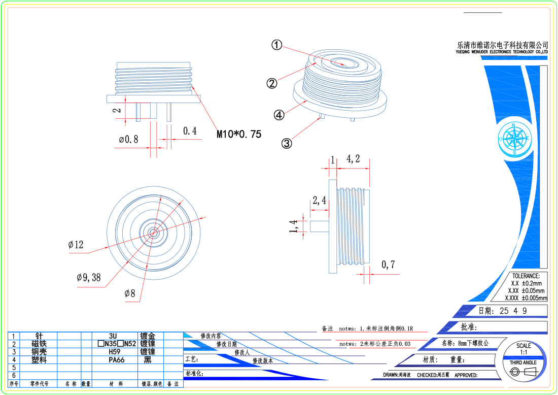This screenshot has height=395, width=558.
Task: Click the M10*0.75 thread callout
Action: click(239, 135)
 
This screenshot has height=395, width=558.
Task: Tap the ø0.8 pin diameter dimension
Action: click(128, 139)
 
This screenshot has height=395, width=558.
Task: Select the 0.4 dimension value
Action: click(190, 131)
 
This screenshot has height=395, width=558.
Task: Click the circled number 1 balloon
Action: click(276, 45)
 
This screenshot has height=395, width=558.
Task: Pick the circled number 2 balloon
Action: click(272, 83)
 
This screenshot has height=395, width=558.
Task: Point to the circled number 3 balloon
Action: click(287, 143)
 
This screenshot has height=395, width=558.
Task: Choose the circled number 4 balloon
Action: click(279, 115)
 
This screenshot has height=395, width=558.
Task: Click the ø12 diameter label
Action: click(76, 245)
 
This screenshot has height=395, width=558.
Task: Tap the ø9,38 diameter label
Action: click(89, 277)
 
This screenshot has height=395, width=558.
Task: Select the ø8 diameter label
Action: click(130, 293)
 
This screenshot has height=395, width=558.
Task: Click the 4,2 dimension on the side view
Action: click(353, 159)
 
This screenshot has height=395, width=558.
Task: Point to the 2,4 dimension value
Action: click(320, 201)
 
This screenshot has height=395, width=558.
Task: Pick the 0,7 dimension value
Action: click(388, 264)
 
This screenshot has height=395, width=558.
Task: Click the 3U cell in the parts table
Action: click(113, 336)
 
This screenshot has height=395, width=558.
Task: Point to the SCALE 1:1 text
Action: click(524, 349)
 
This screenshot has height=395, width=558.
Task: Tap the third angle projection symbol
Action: click(523, 372)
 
